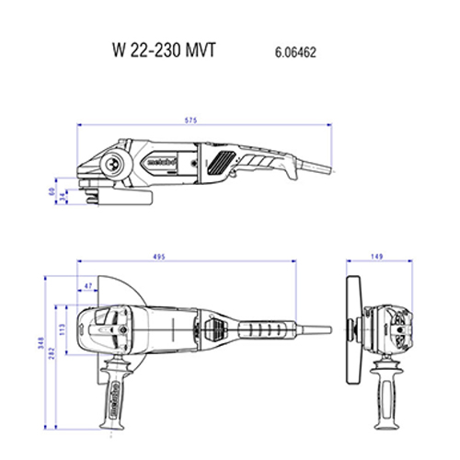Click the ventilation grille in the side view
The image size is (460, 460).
pos(220,163)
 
